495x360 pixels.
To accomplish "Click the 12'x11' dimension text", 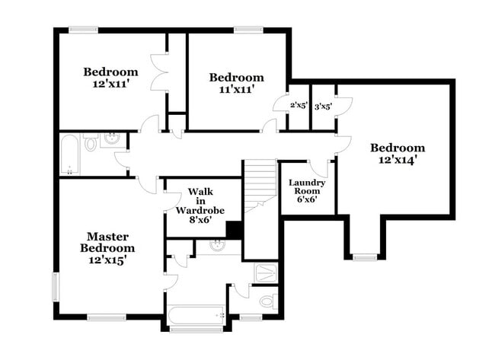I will [x=110, y=85].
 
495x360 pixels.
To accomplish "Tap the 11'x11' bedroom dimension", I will [x=237, y=89].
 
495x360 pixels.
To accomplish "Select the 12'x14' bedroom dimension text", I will [x=397, y=160].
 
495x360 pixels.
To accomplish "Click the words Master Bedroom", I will [x=110, y=242].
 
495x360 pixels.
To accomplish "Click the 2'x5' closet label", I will [x=299, y=107].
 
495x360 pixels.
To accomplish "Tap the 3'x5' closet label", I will [x=323, y=107].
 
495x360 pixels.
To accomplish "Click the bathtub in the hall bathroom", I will [x=69, y=154].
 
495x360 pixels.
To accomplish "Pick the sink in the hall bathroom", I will [x=111, y=139].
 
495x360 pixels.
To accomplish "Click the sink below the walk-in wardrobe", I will [x=218, y=245].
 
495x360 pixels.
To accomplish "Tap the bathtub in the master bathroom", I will [x=196, y=314].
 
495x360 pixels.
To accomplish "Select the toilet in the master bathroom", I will [x=268, y=302].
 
